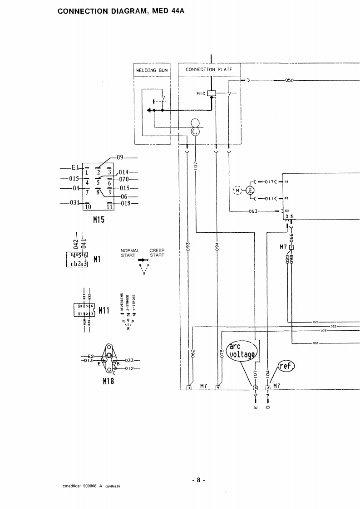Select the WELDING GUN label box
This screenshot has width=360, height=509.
(152, 70)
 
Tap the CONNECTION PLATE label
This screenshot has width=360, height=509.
(209, 69)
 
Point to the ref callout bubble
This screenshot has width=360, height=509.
(286, 366)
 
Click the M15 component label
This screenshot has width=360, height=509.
(99, 220)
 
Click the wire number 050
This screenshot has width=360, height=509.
(290, 80)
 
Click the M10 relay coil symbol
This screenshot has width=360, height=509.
(211, 93)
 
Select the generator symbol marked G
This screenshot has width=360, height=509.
(249, 191)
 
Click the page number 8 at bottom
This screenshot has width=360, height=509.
(198, 480)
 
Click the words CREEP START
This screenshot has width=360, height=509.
(157, 253)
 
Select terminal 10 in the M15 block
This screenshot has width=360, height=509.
(88, 206)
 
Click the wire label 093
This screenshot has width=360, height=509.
(188, 247)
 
